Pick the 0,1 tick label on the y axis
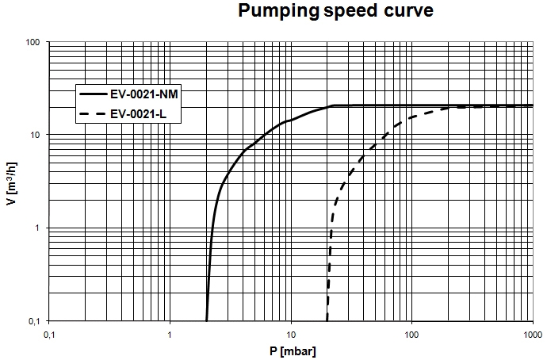[x=33, y=321]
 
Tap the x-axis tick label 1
[x=170, y=333]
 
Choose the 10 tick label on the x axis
[x=291, y=333]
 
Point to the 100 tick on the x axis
[x=411, y=333]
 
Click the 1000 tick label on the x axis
[x=532, y=333]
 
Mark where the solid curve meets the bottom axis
[x=207, y=320]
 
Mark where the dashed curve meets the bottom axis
[x=327, y=320]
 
